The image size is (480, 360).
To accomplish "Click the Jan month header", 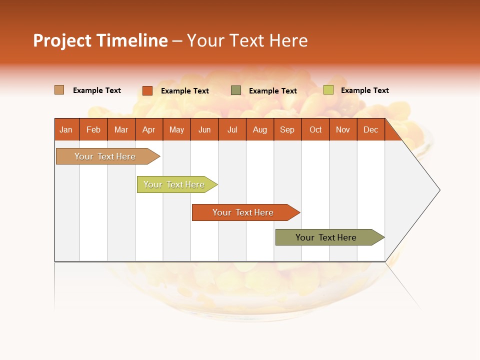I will pyautogui.click(x=66, y=129).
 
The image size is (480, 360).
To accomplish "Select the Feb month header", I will pyautogui.click(x=93, y=129).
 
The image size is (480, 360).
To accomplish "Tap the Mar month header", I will pyautogui.click(x=121, y=129).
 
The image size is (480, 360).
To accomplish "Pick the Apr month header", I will pyautogui.click(x=148, y=129).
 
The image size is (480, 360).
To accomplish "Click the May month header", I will pyautogui.click(x=176, y=129).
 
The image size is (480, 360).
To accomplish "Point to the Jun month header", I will pyautogui.click(x=204, y=129).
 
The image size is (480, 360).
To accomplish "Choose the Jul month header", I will pyautogui.click(x=232, y=129).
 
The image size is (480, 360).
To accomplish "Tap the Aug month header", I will pyautogui.click(x=260, y=129).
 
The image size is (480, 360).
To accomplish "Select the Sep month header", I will pyautogui.click(x=287, y=129).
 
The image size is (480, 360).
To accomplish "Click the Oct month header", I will pyautogui.click(x=315, y=129).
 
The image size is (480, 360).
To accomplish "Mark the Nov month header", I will pyautogui.click(x=343, y=129).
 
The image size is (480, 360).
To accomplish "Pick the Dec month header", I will pyautogui.click(x=370, y=129).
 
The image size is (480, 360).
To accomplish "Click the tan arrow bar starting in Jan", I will pyautogui.click(x=105, y=156).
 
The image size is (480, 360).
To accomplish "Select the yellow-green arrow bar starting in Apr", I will pyautogui.click(x=174, y=184).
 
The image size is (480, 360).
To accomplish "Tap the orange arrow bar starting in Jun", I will pyautogui.click(x=243, y=212).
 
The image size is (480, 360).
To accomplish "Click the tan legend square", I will pyautogui.click(x=59, y=90).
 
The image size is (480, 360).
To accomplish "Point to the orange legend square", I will pyautogui.click(x=147, y=90).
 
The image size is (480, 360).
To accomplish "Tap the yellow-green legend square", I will pyautogui.click(x=328, y=90).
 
